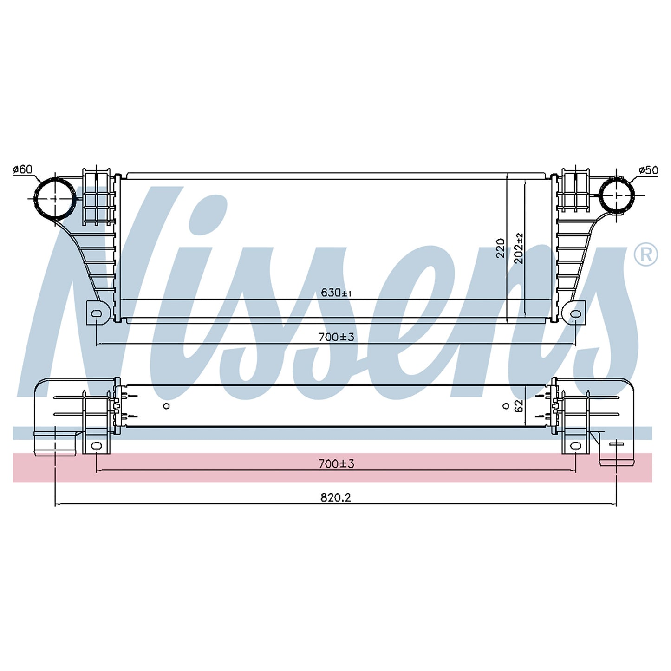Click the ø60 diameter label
tap(23, 169)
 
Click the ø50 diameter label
tap(648, 170)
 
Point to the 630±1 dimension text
tap(336, 293)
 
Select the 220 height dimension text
tap(501, 248)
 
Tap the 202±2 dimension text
tap(519, 248)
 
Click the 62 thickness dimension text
tap(519, 406)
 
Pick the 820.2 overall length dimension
tap(336, 497)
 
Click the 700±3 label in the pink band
tap(336, 463)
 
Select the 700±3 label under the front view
tap(336, 337)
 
